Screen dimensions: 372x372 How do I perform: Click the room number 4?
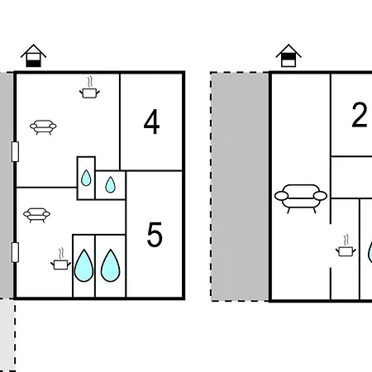click(151, 122)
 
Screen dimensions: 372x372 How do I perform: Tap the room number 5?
click(155, 235)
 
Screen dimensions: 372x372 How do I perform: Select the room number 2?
click(360, 115)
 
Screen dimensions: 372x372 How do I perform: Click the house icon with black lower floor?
click(34, 55)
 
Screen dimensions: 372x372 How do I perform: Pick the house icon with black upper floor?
click(289, 55)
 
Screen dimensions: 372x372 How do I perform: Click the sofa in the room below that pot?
click(43, 127)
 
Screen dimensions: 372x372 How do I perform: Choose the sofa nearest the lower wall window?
click(36, 215)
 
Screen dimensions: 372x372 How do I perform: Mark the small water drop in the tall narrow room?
click(86, 178)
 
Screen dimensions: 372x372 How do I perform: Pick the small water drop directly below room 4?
click(111, 184)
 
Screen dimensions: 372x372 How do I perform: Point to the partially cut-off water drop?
click(370, 252)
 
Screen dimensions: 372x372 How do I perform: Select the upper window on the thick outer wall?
click(15, 151)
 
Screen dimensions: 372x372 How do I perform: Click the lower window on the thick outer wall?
click(15, 252)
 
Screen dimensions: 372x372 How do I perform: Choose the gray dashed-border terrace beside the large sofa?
click(240, 187)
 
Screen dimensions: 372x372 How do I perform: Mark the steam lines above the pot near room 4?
click(89, 82)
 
